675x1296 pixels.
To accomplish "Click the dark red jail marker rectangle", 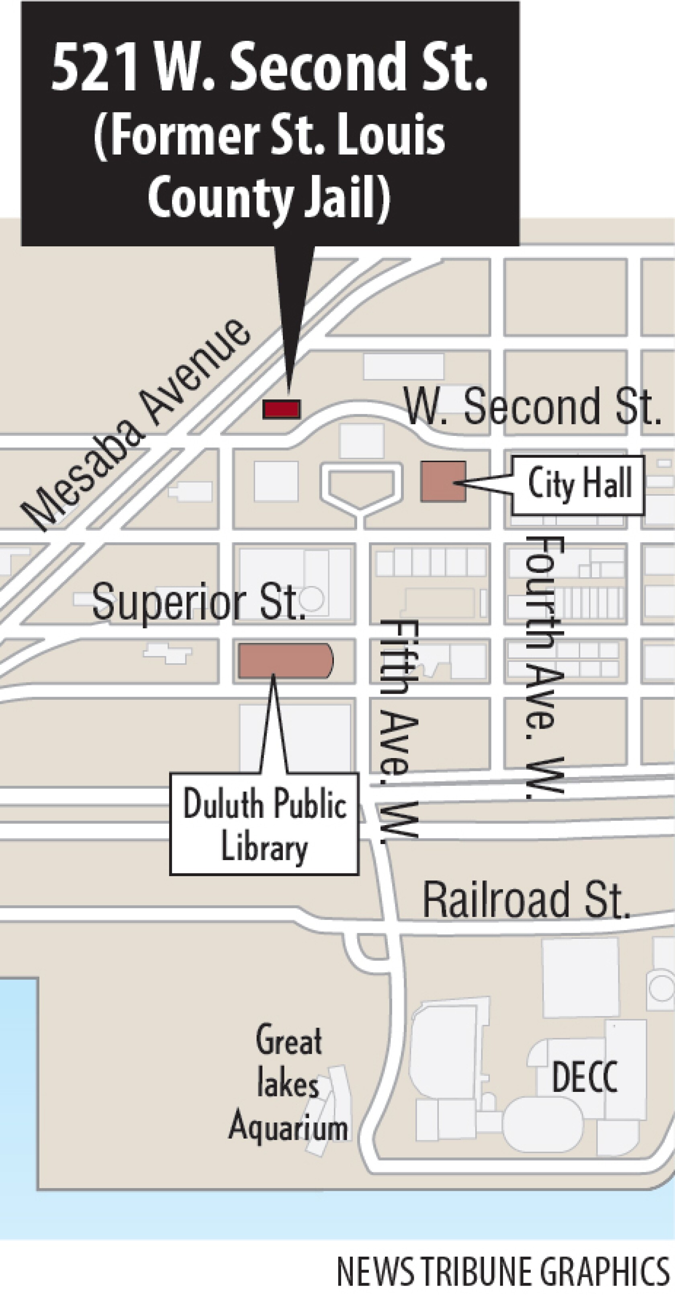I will tap(282, 409).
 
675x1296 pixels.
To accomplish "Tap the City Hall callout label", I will tap(579, 484).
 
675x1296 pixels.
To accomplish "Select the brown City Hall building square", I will tap(443, 481).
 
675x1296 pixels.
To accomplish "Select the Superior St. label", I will tap(198, 602).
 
